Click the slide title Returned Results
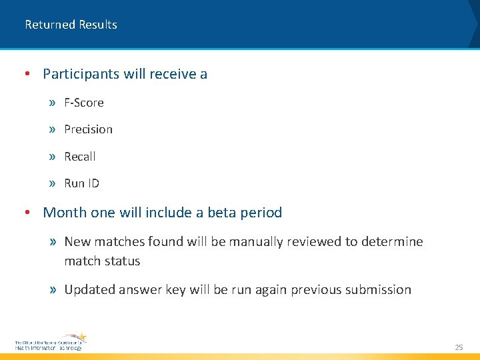(x=71, y=25)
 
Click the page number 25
(x=459, y=347)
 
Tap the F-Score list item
(x=84, y=103)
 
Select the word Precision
(x=88, y=129)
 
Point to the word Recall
(x=80, y=157)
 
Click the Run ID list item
(x=81, y=183)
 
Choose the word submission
(x=378, y=289)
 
